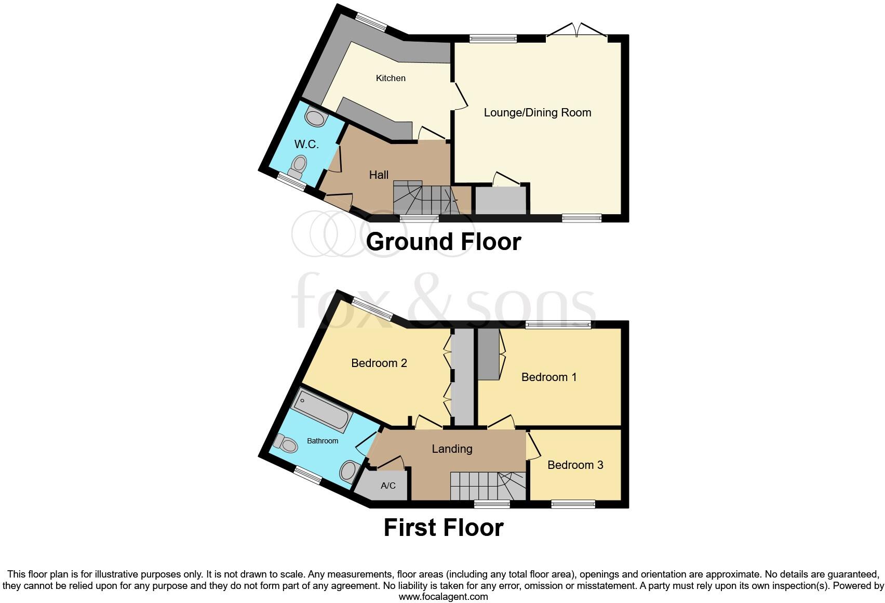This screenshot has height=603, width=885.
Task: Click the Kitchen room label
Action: (x=391, y=78)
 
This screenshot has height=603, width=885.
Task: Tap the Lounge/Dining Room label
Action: (x=537, y=113)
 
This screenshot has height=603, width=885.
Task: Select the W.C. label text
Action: (x=306, y=145)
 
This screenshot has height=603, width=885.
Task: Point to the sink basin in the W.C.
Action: (x=315, y=117)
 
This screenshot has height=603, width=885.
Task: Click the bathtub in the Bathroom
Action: (x=323, y=412)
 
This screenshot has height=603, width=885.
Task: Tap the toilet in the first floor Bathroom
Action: (x=286, y=443)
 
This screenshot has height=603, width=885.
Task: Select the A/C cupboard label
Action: (x=388, y=486)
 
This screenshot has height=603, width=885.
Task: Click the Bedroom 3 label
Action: (x=575, y=465)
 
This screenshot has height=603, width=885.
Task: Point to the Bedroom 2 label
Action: (x=379, y=363)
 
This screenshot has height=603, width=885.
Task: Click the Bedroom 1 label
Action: (x=549, y=377)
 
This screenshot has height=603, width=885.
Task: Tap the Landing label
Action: (x=452, y=449)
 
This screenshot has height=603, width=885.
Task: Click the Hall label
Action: (x=379, y=175)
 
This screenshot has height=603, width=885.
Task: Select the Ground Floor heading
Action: (x=443, y=242)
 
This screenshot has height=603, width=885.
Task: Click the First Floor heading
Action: (x=443, y=528)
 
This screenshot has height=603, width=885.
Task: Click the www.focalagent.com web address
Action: (x=443, y=597)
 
